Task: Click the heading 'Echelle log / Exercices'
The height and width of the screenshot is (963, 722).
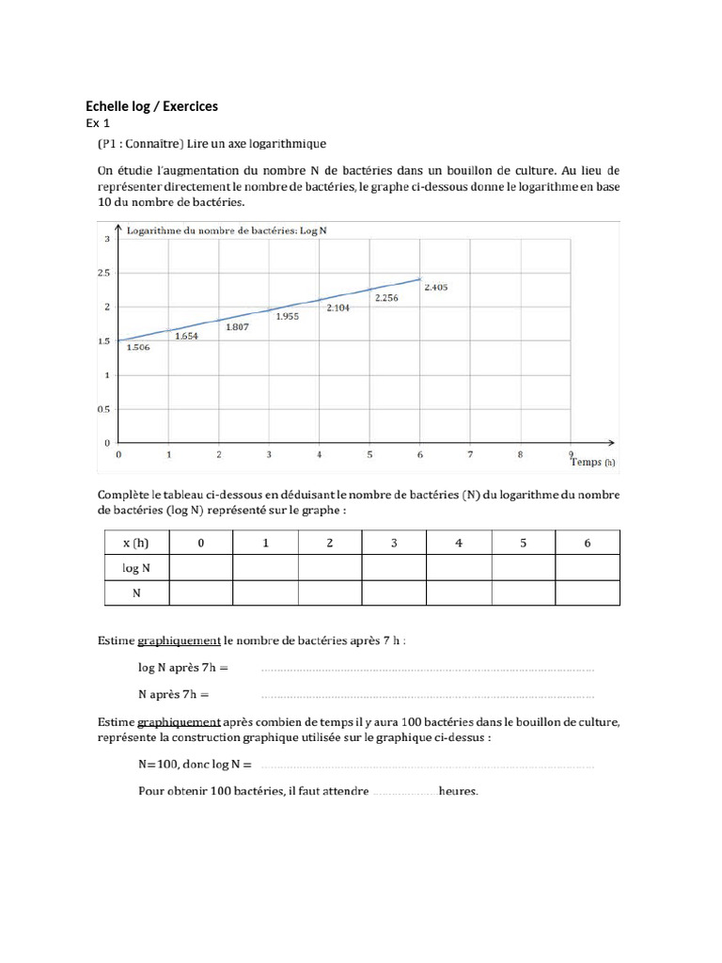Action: (x=151, y=107)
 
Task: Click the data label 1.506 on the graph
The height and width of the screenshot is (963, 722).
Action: (x=138, y=347)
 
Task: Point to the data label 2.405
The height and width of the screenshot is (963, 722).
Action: (x=435, y=287)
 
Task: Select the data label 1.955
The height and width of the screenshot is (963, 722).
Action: (x=287, y=317)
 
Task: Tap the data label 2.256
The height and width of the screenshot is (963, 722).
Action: (x=386, y=298)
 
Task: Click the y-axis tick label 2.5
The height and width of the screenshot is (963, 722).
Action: (x=105, y=273)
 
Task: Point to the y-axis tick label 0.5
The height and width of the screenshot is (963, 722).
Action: (x=105, y=408)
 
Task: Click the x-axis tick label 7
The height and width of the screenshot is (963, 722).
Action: (x=470, y=454)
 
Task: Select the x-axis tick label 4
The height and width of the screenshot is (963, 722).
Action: (x=320, y=454)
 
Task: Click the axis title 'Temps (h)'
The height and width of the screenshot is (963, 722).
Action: (x=592, y=462)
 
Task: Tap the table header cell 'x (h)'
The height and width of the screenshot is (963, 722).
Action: (x=135, y=543)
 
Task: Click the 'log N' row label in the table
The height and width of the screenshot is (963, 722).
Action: (x=135, y=568)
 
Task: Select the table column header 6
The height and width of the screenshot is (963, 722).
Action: (x=588, y=543)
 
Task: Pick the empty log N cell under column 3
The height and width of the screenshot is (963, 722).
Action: (x=394, y=568)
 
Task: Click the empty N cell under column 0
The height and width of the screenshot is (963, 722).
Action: (x=200, y=593)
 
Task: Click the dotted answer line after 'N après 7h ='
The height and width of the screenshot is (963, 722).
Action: (x=427, y=696)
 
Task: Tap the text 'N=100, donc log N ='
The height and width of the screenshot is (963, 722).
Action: (x=195, y=765)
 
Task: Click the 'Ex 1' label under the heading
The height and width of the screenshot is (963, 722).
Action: (x=98, y=124)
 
